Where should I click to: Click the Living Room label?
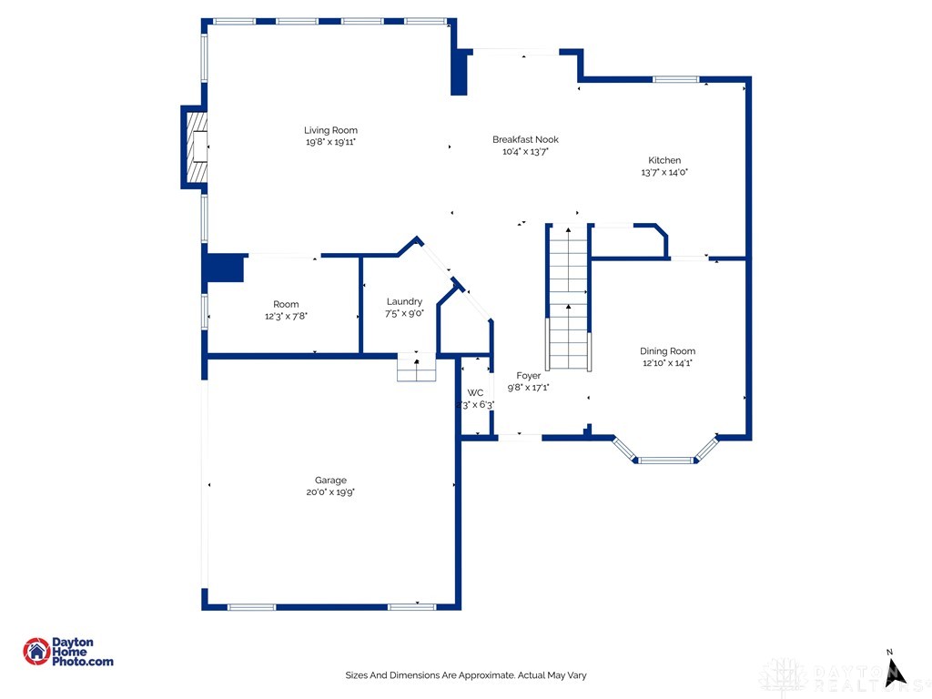coord(330,130)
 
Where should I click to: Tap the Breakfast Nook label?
coord(525,139)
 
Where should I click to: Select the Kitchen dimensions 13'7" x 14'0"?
coord(664,172)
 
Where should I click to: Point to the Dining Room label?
coord(667,350)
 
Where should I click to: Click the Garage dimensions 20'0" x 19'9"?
coord(330,492)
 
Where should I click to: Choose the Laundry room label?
coord(404,301)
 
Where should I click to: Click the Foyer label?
coord(528,375)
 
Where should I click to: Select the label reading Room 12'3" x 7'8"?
coord(286,310)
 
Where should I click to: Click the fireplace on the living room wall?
coord(195,147)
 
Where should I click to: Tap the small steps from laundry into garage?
coord(417,368)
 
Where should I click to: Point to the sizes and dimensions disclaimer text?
coord(465,675)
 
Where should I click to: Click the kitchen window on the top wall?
coord(675,79)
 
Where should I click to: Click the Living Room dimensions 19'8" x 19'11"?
coord(330,142)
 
